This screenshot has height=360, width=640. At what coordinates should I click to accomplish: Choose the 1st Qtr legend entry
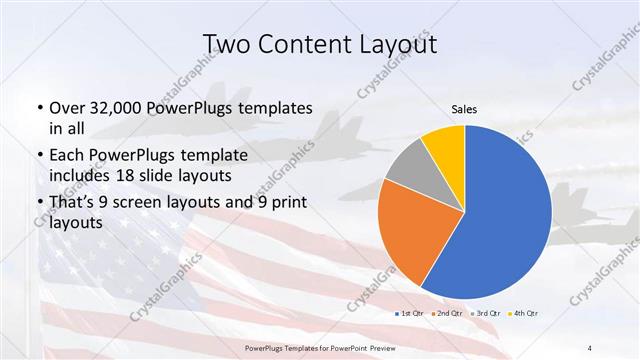409,313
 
